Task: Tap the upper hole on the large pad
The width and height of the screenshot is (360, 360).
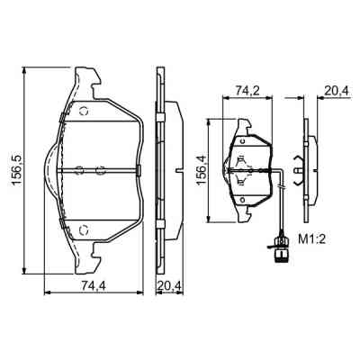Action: [x=85, y=112]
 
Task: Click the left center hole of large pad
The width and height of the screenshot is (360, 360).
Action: [x=78, y=169]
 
